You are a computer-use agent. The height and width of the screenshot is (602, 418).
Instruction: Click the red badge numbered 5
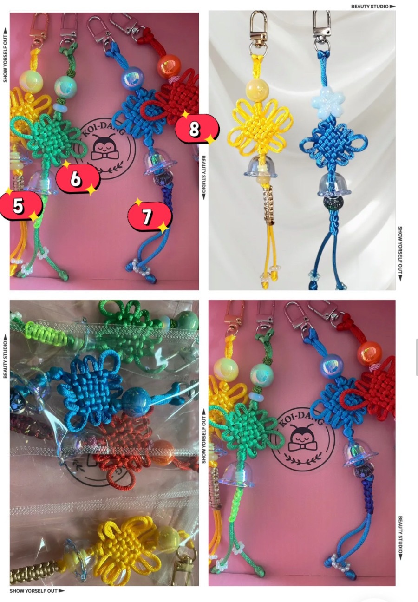(x=21, y=206)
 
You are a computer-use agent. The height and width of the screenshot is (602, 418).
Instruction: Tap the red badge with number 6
(x=78, y=178)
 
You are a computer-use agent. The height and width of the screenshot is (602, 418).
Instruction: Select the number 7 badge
(x=150, y=216)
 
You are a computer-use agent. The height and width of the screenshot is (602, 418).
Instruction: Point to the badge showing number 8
(x=197, y=129)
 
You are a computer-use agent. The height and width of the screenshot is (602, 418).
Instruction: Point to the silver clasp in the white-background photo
(x=322, y=30)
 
